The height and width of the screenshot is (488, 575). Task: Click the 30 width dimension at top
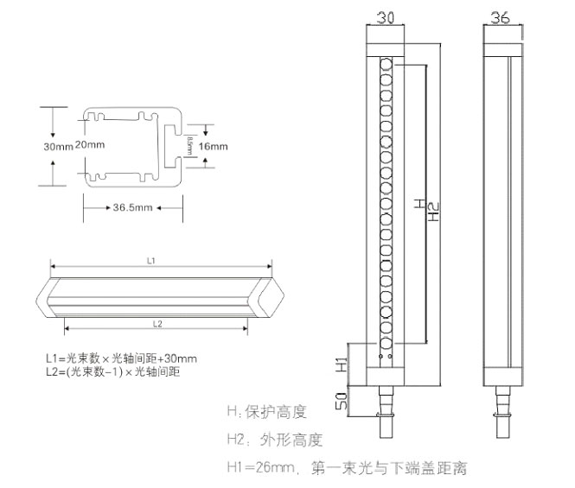pos(385,16)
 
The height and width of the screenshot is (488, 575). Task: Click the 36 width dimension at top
pos(500,16)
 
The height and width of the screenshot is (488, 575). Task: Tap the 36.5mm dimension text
pos(132,208)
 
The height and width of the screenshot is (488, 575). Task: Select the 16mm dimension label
pos(214,147)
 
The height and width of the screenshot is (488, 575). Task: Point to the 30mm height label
pos(58,146)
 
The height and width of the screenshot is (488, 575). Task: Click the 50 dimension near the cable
pos(341,402)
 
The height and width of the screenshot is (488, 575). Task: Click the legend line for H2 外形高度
pos(274,440)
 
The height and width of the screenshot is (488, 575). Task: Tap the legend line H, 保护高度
pos(266,411)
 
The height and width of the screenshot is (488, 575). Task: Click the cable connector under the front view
pos(386,404)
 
